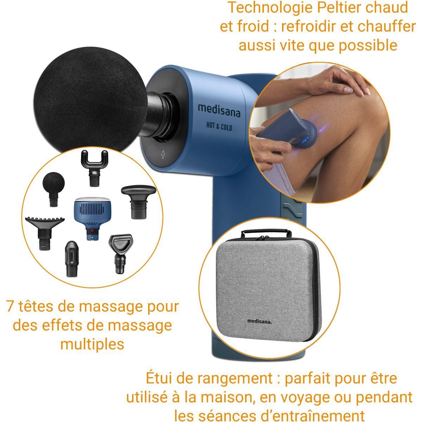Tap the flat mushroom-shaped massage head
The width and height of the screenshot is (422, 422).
pos(138,200)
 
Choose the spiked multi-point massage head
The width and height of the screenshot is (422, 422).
pos(45,232)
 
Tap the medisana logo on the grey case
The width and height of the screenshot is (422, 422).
pos(261,320)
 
